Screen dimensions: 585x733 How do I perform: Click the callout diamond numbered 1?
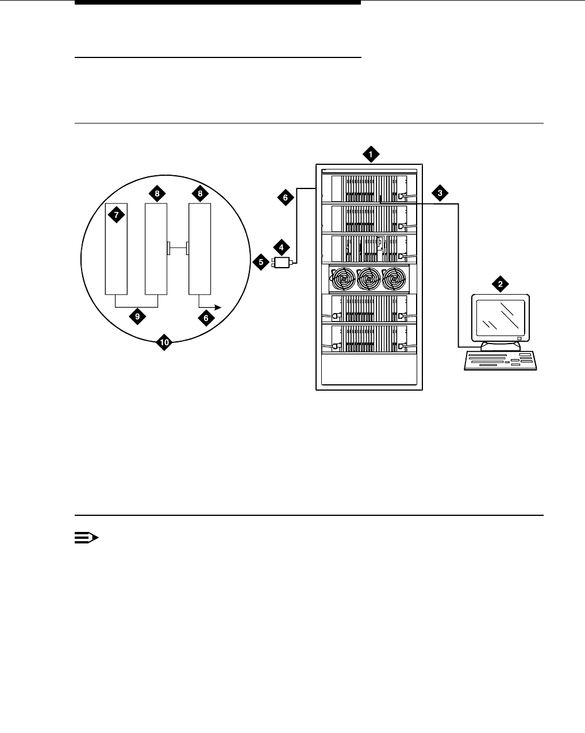pyautogui.click(x=371, y=153)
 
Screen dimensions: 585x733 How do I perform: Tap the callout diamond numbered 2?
pyautogui.click(x=500, y=283)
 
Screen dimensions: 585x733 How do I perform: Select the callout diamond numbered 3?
pyautogui.click(x=440, y=193)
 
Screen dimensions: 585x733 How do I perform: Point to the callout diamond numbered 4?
pyautogui.click(x=281, y=248)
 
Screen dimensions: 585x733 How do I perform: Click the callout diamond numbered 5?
pyautogui.click(x=261, y=263)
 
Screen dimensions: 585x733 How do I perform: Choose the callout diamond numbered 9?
pyautogui.click(x=137, y=316)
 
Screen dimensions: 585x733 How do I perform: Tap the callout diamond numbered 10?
pyautogui.click(x=164, y=342)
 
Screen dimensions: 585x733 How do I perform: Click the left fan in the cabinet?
pyautogui.click(x=343, y=280)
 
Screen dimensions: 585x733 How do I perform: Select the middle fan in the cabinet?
pyautogui.click(x=368, y=280)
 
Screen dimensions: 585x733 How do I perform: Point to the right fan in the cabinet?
pyautogui.click(x=394, y=280)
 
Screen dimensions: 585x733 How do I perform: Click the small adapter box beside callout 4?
pyautogui.click(x=282, y=263)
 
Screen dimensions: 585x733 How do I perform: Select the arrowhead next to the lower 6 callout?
pyautogui.click(x=220, y=308)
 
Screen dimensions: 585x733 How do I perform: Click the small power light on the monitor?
pyautogui.click(x=519, y=338)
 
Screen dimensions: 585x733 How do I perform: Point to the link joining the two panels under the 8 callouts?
pyautogui.click(x=178, y=248)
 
